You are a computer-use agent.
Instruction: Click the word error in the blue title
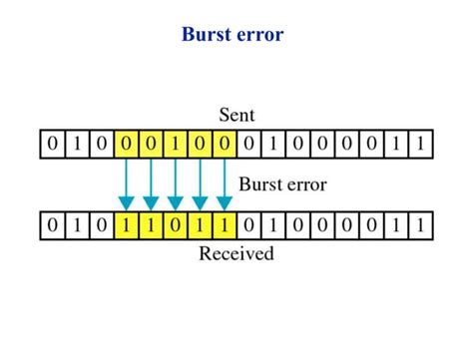coord(260,35)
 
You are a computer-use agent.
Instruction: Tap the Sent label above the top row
coord(237,113)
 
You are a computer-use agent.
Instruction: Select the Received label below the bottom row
coord(236,253)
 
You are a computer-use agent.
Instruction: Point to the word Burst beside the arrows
coord(263,182)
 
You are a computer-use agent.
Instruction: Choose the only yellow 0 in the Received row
coord(177,224)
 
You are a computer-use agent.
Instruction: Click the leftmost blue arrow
coord(127,183)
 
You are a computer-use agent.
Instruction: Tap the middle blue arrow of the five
coord(177,183)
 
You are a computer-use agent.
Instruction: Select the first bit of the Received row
coord(52,224)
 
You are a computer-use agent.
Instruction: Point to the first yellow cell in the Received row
coord(127,224)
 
